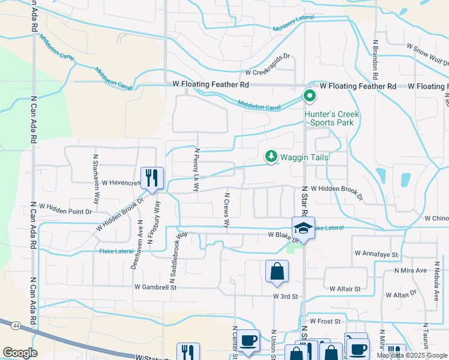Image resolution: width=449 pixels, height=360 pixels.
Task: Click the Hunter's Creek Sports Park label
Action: click(328, 118)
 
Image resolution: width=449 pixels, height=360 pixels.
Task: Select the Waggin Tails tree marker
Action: click(271, 157)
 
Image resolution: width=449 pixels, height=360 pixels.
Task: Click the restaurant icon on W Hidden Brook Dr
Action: click(152, 178)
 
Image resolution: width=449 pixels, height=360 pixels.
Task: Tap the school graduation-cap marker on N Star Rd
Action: click(303, 228)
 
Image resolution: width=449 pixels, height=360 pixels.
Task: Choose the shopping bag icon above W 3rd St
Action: click(277, 271)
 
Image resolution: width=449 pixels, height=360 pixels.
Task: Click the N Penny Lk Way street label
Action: click(196, 170)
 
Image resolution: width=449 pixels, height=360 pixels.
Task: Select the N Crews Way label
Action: click(227, 211)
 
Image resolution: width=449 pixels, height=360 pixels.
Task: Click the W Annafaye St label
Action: click(376, 254)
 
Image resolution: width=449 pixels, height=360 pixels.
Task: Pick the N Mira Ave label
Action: click(409, 271)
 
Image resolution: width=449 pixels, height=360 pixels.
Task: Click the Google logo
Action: click(20, 353)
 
